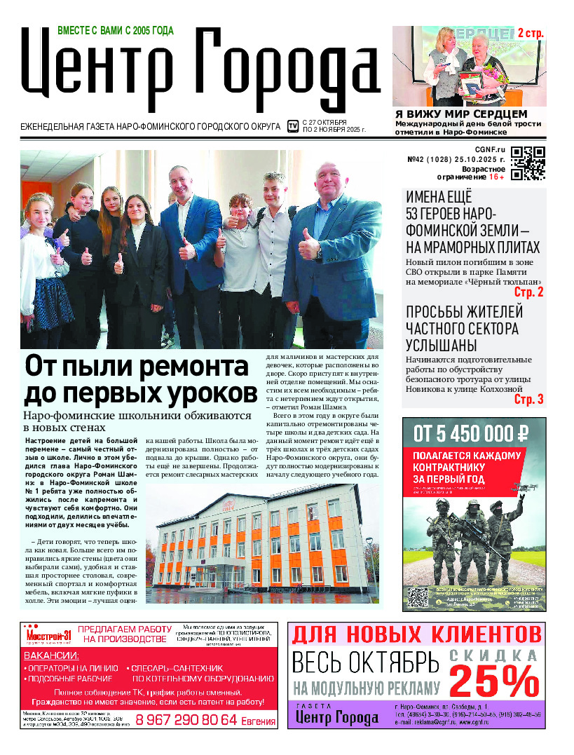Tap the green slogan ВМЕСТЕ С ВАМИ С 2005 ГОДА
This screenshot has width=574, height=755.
(115, 30)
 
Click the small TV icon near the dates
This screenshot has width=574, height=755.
(293, 126)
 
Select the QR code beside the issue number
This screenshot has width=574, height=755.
(528, 163)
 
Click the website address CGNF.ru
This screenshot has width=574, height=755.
(490, 149)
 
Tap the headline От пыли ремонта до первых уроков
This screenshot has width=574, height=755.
(141, 379)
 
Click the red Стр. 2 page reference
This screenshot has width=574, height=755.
(528, 292)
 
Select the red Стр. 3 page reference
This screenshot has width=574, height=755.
(528, 400)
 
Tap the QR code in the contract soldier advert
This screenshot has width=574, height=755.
(418, 597)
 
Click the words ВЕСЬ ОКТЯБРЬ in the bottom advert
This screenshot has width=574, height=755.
(364, 662)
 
